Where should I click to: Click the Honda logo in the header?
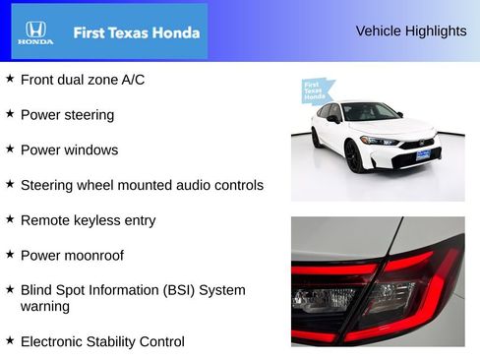click(35, 32)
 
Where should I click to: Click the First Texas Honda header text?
click(136, 32)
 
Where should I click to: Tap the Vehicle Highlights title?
click(410, 31)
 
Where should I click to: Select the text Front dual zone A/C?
click(83, 80)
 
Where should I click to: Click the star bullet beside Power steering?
click(10, 113)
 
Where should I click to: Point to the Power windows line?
click(69, 150)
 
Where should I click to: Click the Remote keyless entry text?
click(88, 220)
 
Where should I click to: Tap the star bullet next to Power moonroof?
click(10, 254)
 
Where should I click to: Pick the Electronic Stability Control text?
click(102, 342)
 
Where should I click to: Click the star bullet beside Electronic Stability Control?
click(10, 340)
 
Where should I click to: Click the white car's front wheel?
click(352, 156)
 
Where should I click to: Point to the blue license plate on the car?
click(422, 153)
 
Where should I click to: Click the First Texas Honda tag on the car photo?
click(314, 91)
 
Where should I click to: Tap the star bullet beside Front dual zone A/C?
click(10, 78)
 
